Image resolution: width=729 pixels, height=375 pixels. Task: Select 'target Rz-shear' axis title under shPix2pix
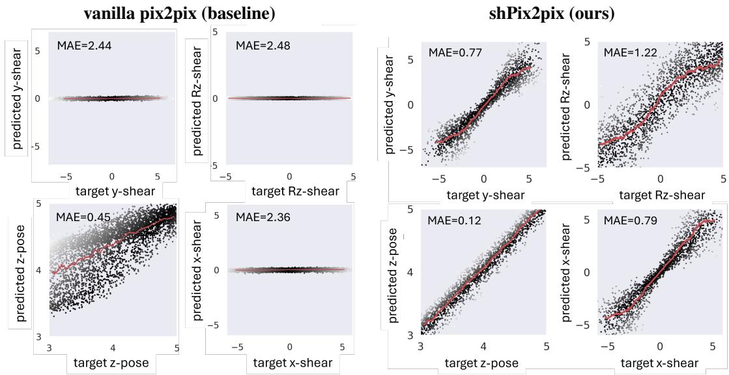(661, 194)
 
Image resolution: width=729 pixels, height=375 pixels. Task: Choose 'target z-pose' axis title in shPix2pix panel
(483, 363)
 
